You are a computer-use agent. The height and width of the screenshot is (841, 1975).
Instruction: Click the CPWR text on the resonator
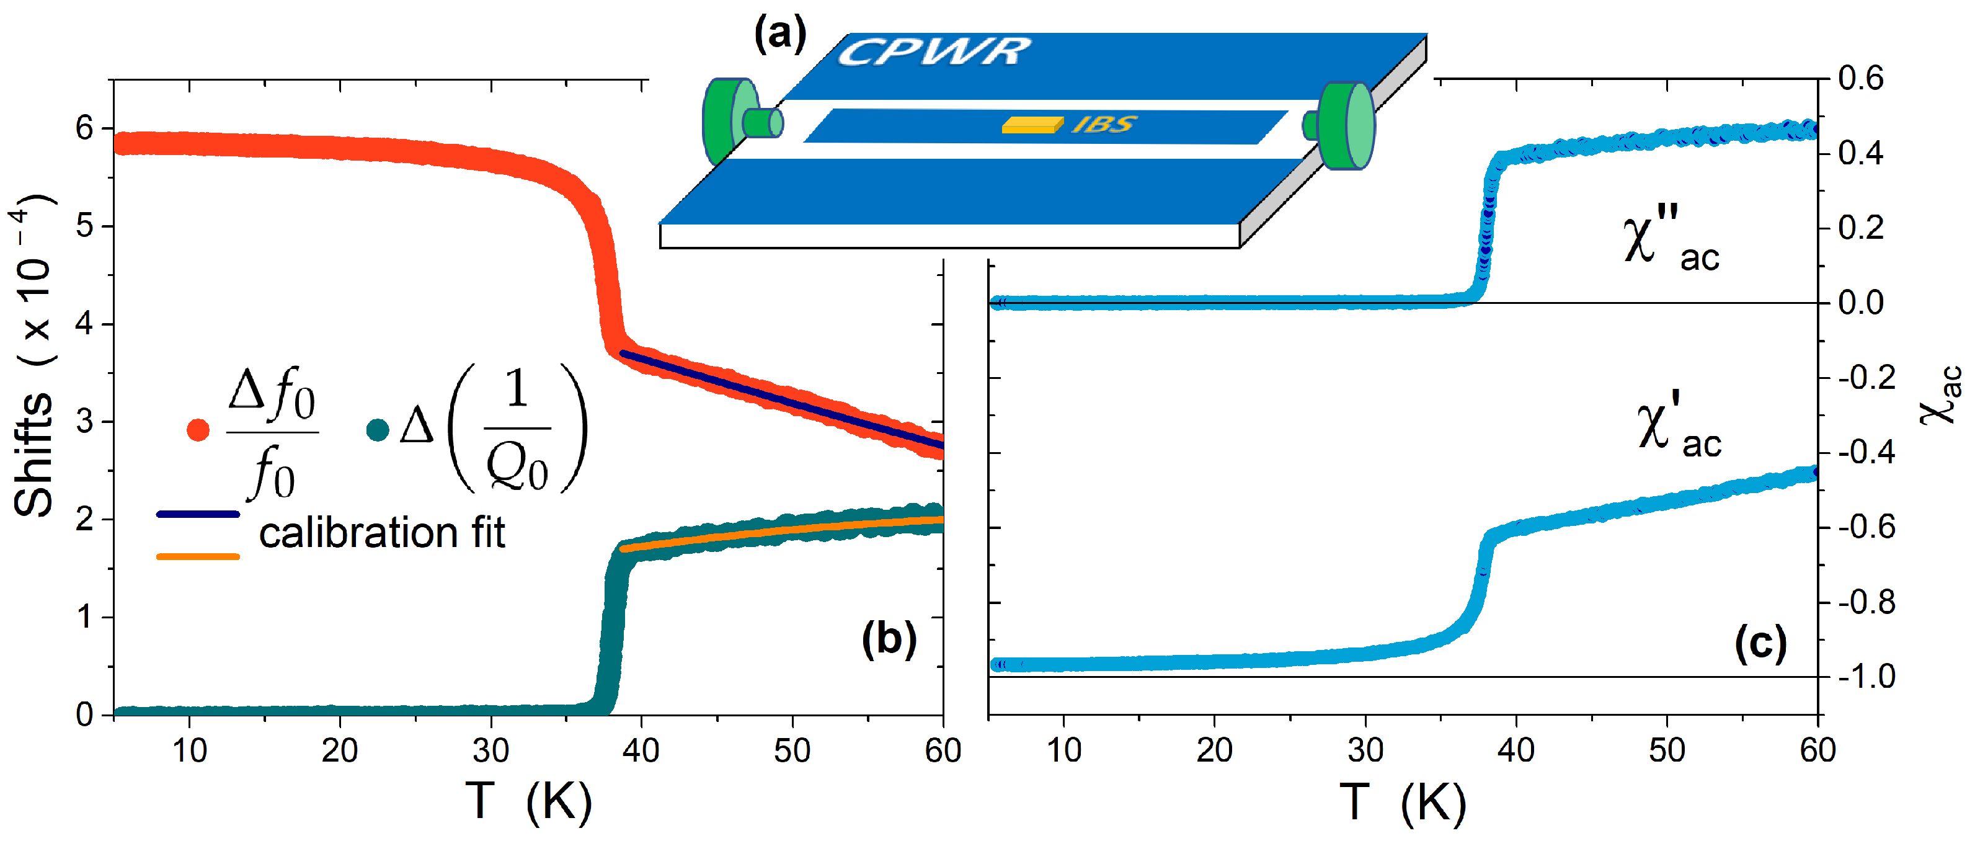(x=933, y=52)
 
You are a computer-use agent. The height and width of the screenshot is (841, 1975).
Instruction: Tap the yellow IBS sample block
(x=1031, y=125)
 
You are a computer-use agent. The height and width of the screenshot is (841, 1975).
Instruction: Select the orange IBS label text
(x=1103, y=124)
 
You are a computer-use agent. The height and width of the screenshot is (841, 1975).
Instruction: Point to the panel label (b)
(x=889, y=639)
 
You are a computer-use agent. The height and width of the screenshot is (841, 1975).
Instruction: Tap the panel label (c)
(x=1760, y=643)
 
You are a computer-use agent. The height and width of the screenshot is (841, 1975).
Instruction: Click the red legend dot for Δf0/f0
(x=198, y=429)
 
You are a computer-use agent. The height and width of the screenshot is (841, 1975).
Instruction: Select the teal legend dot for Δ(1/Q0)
(x=377, y=429)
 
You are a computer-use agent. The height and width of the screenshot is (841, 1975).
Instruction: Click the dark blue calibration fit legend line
(x=198, y=514)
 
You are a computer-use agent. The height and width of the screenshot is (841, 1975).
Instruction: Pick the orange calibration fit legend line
(x=198, y=556)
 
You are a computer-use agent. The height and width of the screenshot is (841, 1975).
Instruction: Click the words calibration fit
(x=382, y=532)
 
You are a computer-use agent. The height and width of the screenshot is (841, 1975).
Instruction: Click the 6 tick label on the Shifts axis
(x=84, y=128)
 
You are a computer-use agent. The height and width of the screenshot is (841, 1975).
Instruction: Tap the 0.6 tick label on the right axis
(x=1861, y=78)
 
